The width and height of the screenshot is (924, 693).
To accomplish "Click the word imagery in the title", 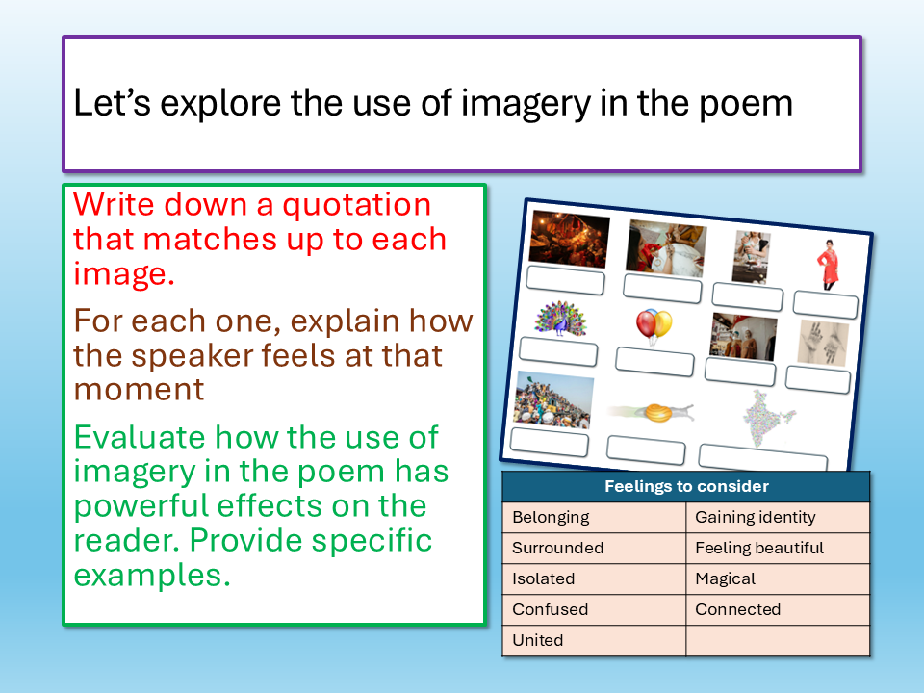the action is coord(526,104).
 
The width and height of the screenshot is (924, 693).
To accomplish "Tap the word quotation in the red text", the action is coord(356,205).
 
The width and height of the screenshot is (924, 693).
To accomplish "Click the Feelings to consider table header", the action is coord(686,486).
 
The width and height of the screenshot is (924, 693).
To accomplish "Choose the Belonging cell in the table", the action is coord(594,518).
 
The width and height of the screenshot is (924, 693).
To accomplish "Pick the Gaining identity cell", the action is coord(778,518).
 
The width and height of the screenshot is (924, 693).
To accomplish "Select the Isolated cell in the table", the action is coord(594,578).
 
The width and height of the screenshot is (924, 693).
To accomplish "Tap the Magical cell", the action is coord(778,578).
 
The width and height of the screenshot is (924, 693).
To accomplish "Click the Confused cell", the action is coord(594,609).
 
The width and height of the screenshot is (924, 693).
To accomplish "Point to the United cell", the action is coord(594,641).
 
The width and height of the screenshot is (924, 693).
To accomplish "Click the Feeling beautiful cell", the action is coord(778,548).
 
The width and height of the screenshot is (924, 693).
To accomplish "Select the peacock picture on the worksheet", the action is coord(560,319).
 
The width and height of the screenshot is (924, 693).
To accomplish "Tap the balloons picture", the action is coord(654,326).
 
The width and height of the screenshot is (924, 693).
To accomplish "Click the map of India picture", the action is coord(765,419).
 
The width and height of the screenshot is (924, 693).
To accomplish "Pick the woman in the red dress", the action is coord(829,265).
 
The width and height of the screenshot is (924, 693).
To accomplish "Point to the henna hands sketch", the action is coord(823,345).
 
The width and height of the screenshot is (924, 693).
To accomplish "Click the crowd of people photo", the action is coord(552,400).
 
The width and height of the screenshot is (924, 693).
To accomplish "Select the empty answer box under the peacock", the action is coord(558,352).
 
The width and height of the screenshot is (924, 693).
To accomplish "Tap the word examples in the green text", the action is coord(151,576).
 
